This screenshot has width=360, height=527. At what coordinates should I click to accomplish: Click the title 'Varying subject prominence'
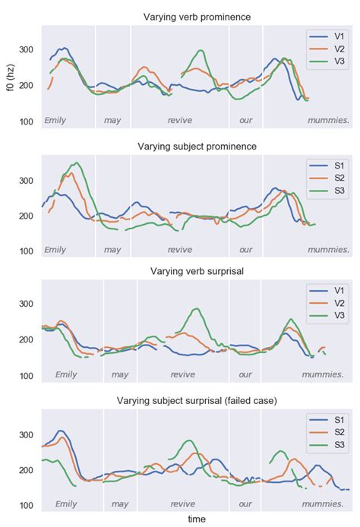coord(197,146)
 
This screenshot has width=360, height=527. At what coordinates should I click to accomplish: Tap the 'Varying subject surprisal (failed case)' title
coord(197,401)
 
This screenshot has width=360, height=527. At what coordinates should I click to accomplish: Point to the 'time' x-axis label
coord(197,519)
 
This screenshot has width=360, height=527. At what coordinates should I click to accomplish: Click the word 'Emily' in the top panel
coord(55,121)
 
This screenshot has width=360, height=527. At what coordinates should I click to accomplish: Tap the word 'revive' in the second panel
coord(180,249)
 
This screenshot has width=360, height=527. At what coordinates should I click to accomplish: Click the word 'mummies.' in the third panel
coord(323,375)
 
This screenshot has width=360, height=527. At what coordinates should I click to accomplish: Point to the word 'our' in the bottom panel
coord(245,503)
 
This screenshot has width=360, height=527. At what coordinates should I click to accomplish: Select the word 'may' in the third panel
coord(120,375)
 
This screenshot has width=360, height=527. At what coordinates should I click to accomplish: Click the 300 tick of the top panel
coord(28,49)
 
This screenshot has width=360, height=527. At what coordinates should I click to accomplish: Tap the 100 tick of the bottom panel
coord(28,505)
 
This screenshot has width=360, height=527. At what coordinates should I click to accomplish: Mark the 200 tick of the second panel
coord(28,216)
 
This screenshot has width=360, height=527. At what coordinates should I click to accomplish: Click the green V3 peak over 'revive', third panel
coord(197,309)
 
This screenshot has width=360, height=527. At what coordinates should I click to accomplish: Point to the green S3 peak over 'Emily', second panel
coord(75,163)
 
